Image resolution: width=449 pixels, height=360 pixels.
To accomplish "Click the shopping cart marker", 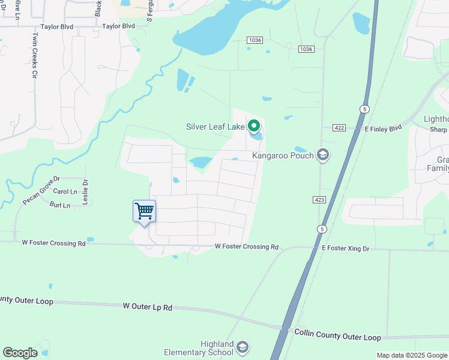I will point(144,212).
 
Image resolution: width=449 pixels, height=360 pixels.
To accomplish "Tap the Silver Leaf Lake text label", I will point(215,127).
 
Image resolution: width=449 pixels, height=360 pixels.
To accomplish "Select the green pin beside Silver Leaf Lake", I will point(254,126).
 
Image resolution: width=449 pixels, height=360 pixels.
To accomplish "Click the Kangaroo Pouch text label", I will point(283,155).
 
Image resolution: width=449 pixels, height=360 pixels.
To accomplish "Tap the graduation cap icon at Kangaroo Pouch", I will point(324,155).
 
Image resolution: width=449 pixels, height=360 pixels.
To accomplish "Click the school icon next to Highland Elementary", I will point(242,348).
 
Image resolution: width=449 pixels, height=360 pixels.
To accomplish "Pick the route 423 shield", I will point(319,199).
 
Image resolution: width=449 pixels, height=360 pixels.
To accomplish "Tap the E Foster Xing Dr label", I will point(346,248).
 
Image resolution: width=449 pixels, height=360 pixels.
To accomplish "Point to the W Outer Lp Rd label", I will point(147,307).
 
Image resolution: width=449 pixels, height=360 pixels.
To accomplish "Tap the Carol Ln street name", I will point(65,191).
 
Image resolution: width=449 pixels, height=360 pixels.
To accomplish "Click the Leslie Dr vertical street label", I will point(85,192).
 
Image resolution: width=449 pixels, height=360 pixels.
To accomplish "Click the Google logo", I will point(20,352).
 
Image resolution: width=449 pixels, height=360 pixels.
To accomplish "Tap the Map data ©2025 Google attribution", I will point(411,355).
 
